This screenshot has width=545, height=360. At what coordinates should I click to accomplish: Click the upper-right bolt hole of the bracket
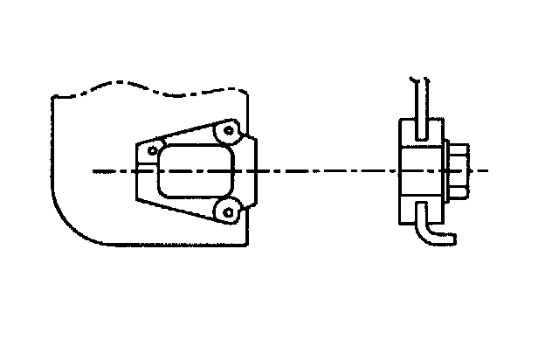tap(229, 131)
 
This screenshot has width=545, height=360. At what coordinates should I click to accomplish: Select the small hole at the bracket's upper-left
tap(154, 150)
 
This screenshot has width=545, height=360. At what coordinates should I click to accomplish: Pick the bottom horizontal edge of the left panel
tap(166, 243)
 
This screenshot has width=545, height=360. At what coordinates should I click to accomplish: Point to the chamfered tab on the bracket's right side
tap(253, 170)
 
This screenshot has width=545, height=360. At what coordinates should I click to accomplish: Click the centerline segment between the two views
tap(323, 171)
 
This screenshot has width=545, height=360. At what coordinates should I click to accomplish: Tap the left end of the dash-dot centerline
tap(94, 171)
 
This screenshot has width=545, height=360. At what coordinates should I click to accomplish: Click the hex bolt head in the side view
tap(460, 170)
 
